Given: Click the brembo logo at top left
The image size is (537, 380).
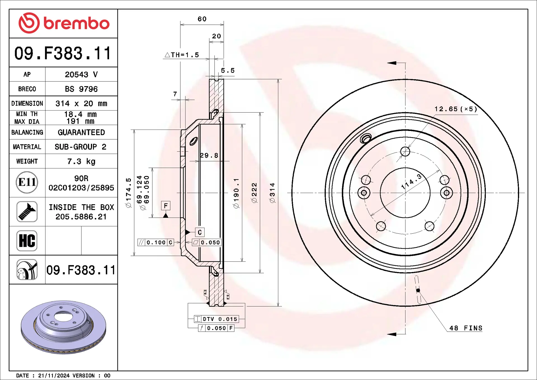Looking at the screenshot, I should click(x=64, y=23).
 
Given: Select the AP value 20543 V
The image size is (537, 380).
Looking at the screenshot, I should click(x=81, y=74).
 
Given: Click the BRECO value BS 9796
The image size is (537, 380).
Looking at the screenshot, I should click(x=81, y=89).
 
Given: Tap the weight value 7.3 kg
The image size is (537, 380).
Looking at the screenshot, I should click(x=81, y=161).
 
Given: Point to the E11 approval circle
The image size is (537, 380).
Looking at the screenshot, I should click(x=27, y=182).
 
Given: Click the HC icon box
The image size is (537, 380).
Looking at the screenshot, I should click(x=27, y=241).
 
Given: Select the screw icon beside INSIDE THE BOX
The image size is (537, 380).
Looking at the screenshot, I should click(x=27, y=212).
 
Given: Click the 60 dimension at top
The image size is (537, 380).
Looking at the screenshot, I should click(x=202, y=19).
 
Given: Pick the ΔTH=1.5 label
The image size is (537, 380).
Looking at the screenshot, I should click(x=182, y=55).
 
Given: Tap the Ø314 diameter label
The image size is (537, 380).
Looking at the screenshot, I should click(x=272, y=193).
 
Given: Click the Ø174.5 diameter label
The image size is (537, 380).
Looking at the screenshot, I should click(x=128, y=193).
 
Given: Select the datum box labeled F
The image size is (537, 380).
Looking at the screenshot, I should click(x=166, y=206).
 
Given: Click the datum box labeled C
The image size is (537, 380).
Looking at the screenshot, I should click(x=200, y=232).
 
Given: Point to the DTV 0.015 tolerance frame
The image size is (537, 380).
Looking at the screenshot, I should click(x=217, y=319).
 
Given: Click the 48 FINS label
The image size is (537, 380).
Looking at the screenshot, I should click(x=466, y=328).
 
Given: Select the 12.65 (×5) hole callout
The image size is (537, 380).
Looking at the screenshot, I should click(x=456, y=109).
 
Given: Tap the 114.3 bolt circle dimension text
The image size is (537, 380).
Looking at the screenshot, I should click(x=411, y=181).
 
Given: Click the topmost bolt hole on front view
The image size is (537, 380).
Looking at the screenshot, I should click(x=405, y=151).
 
